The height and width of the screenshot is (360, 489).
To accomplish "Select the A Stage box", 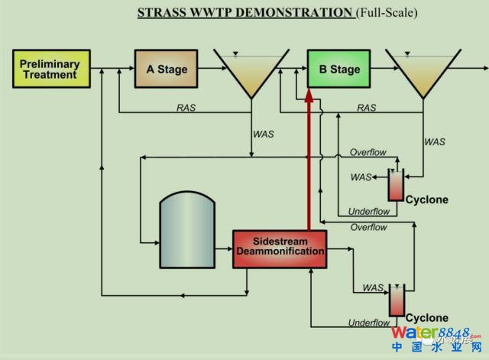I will point(166,70).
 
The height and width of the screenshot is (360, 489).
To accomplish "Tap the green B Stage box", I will point(338,70).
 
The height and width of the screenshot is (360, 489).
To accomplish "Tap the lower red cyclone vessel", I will point(396,300).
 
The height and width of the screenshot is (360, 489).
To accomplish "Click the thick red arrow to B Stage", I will point(308,161).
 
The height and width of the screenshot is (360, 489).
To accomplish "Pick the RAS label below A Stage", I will point(186,108).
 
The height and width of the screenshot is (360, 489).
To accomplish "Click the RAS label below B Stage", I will point(367,108).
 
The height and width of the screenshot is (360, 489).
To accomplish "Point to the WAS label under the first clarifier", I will point(263,135).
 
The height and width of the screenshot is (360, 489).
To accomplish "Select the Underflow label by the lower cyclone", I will point(368,323).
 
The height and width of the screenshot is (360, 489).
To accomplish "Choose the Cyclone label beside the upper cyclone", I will point(427,200).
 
